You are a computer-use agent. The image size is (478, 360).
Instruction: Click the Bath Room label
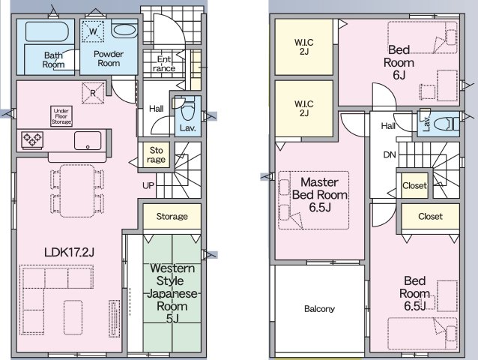53,60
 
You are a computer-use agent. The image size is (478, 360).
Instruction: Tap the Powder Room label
109,58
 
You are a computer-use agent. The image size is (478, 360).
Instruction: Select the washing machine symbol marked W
93,31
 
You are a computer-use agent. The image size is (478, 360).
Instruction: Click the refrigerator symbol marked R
93,93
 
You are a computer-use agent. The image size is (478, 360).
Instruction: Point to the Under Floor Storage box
61,116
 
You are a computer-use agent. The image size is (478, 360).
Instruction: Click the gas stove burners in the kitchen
32,140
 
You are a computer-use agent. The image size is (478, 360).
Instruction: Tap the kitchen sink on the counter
88,141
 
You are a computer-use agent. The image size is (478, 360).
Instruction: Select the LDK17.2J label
69,252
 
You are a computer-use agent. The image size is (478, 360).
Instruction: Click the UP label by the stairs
148,185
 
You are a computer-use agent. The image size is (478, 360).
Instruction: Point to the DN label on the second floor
390,155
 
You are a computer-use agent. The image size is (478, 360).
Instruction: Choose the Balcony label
319,309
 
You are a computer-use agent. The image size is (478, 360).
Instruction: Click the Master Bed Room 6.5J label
320,195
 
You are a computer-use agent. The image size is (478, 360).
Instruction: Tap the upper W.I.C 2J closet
304,46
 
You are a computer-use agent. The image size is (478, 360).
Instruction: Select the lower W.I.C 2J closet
304,108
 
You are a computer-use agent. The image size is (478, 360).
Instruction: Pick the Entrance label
164,64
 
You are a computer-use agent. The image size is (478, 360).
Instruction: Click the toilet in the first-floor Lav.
187,110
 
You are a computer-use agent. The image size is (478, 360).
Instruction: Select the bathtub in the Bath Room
46,31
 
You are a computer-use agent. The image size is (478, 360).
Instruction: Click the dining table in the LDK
77,191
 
